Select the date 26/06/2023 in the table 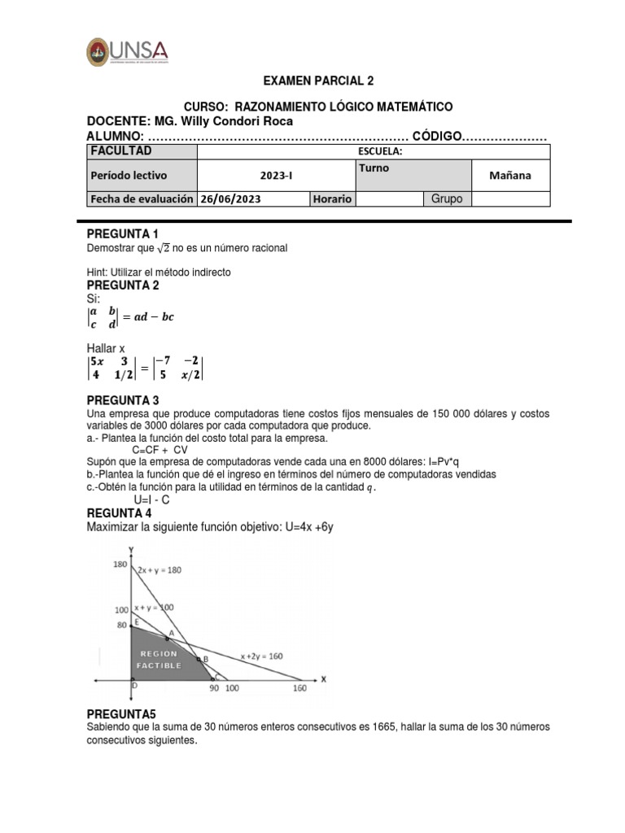(x=231, y=198)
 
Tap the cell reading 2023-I (x=277, y=175)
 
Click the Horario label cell (x=332, y=198)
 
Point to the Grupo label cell (x=447, y=198)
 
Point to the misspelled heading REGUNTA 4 (x=119, y=513)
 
